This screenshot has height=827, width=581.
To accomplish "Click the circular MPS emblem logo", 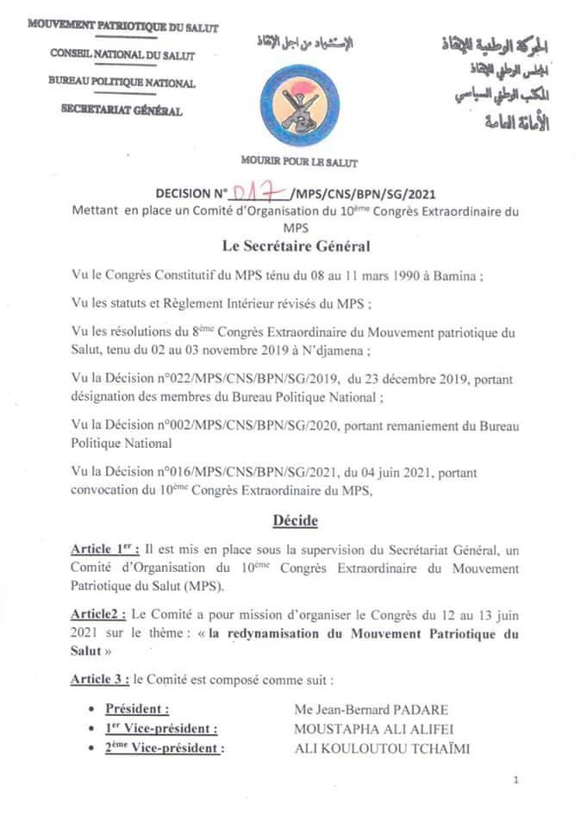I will coord(300,106).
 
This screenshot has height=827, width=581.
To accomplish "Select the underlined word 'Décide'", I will coord(296,520).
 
